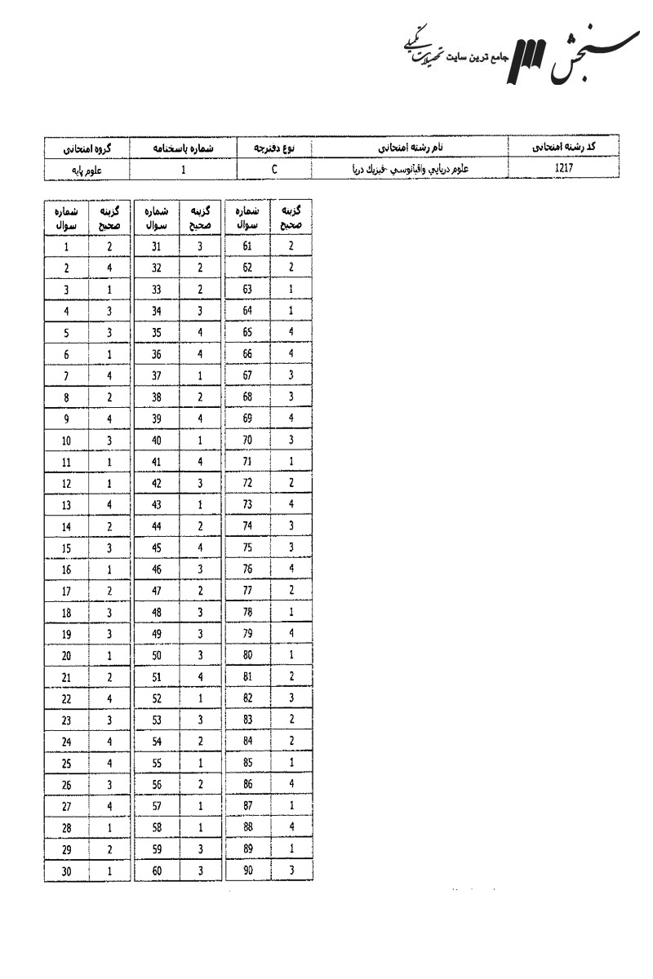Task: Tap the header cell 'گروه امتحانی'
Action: [88, 148]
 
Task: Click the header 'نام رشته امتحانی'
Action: [405, 148]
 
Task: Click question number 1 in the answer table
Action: [66, 246]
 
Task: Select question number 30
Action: [66, 872]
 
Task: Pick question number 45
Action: [158, 547]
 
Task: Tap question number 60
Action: [158, 872]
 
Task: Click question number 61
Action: [248, 246]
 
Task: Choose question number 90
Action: [248, 871]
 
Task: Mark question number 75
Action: [248, 547]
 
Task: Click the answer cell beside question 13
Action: [109, 505]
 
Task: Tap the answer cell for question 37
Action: [200, 375]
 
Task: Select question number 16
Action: [66, 569]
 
